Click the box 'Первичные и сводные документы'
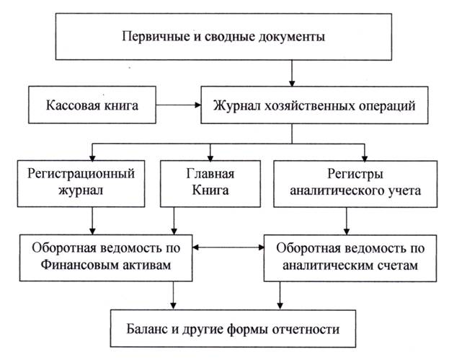coord(223,37)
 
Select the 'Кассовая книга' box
coord(92,105)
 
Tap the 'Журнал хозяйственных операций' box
coord(314,105)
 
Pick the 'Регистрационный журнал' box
coord(81,183)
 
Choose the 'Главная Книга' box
coord(210,183)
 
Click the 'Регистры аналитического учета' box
coord(355,183)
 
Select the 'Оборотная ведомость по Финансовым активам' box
coord(106,258)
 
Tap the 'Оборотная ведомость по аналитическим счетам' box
coord(350,258)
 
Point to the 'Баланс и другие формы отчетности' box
coord(233,328)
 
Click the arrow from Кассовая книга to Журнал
coord(179,105)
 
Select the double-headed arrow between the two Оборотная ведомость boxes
coord(228,247)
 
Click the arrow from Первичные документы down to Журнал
coord(292,73)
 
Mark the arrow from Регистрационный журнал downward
coord(92,221)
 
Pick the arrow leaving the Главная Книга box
coord(174,221)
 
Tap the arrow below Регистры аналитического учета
coord(347,221)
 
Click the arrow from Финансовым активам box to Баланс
coord(173,295)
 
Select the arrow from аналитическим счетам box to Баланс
coord(280,295)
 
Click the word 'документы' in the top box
coord(291,38)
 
